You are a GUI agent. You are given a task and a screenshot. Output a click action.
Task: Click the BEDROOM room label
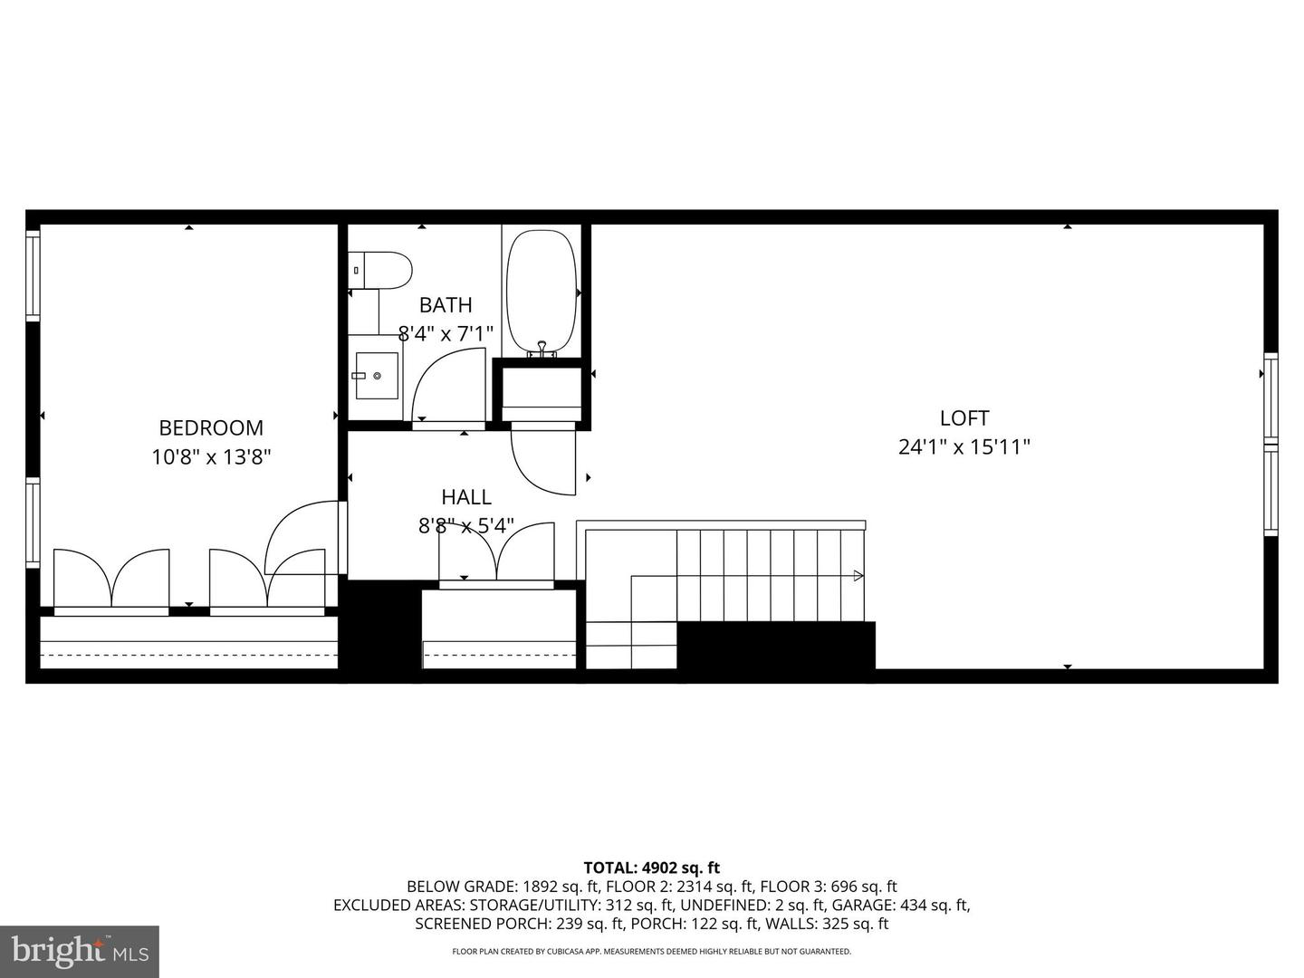point(211,427)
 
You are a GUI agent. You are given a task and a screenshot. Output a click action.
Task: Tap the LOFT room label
point(964,417)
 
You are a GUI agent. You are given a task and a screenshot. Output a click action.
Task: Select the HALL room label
point(466,496)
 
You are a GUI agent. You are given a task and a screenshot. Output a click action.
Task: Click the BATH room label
point(446,305)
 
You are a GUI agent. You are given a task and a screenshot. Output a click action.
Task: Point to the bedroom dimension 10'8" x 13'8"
point(211,456)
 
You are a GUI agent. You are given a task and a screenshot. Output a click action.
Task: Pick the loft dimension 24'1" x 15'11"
point(964,446)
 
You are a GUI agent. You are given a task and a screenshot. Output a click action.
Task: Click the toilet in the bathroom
point(381,270)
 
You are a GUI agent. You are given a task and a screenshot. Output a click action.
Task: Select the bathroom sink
point(376,374)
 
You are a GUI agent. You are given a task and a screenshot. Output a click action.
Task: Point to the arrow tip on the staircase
point(858,575)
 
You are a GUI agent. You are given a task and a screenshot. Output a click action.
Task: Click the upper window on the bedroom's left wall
point(33,274)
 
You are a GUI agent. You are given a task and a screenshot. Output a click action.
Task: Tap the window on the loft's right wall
point(1270,444)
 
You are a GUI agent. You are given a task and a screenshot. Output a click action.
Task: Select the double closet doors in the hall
point(496,552)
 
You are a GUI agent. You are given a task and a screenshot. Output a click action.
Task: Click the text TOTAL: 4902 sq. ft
point(651,868)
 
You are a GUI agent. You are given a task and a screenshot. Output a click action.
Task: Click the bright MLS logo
point(80,951)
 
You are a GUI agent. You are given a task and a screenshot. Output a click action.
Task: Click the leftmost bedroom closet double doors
point(111,580)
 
